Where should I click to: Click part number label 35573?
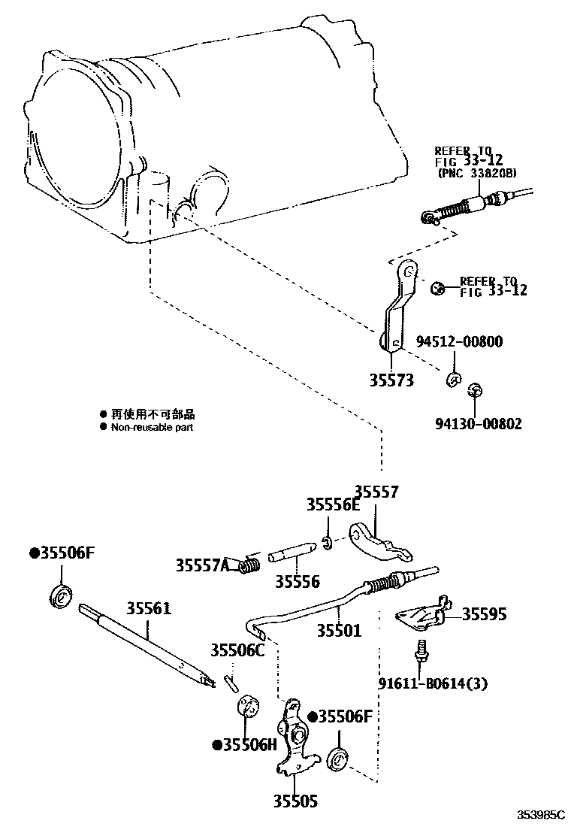coord(391,380)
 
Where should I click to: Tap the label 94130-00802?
coord(478,423)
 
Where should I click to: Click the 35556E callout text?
coord(333,505)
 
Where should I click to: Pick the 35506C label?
coord(237,650)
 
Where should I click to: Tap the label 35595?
coord(484,614)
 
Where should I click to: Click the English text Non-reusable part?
coord(153,427)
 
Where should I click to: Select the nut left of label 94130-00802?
coord(474,391)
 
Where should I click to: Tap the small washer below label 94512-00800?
coord(453,378)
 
